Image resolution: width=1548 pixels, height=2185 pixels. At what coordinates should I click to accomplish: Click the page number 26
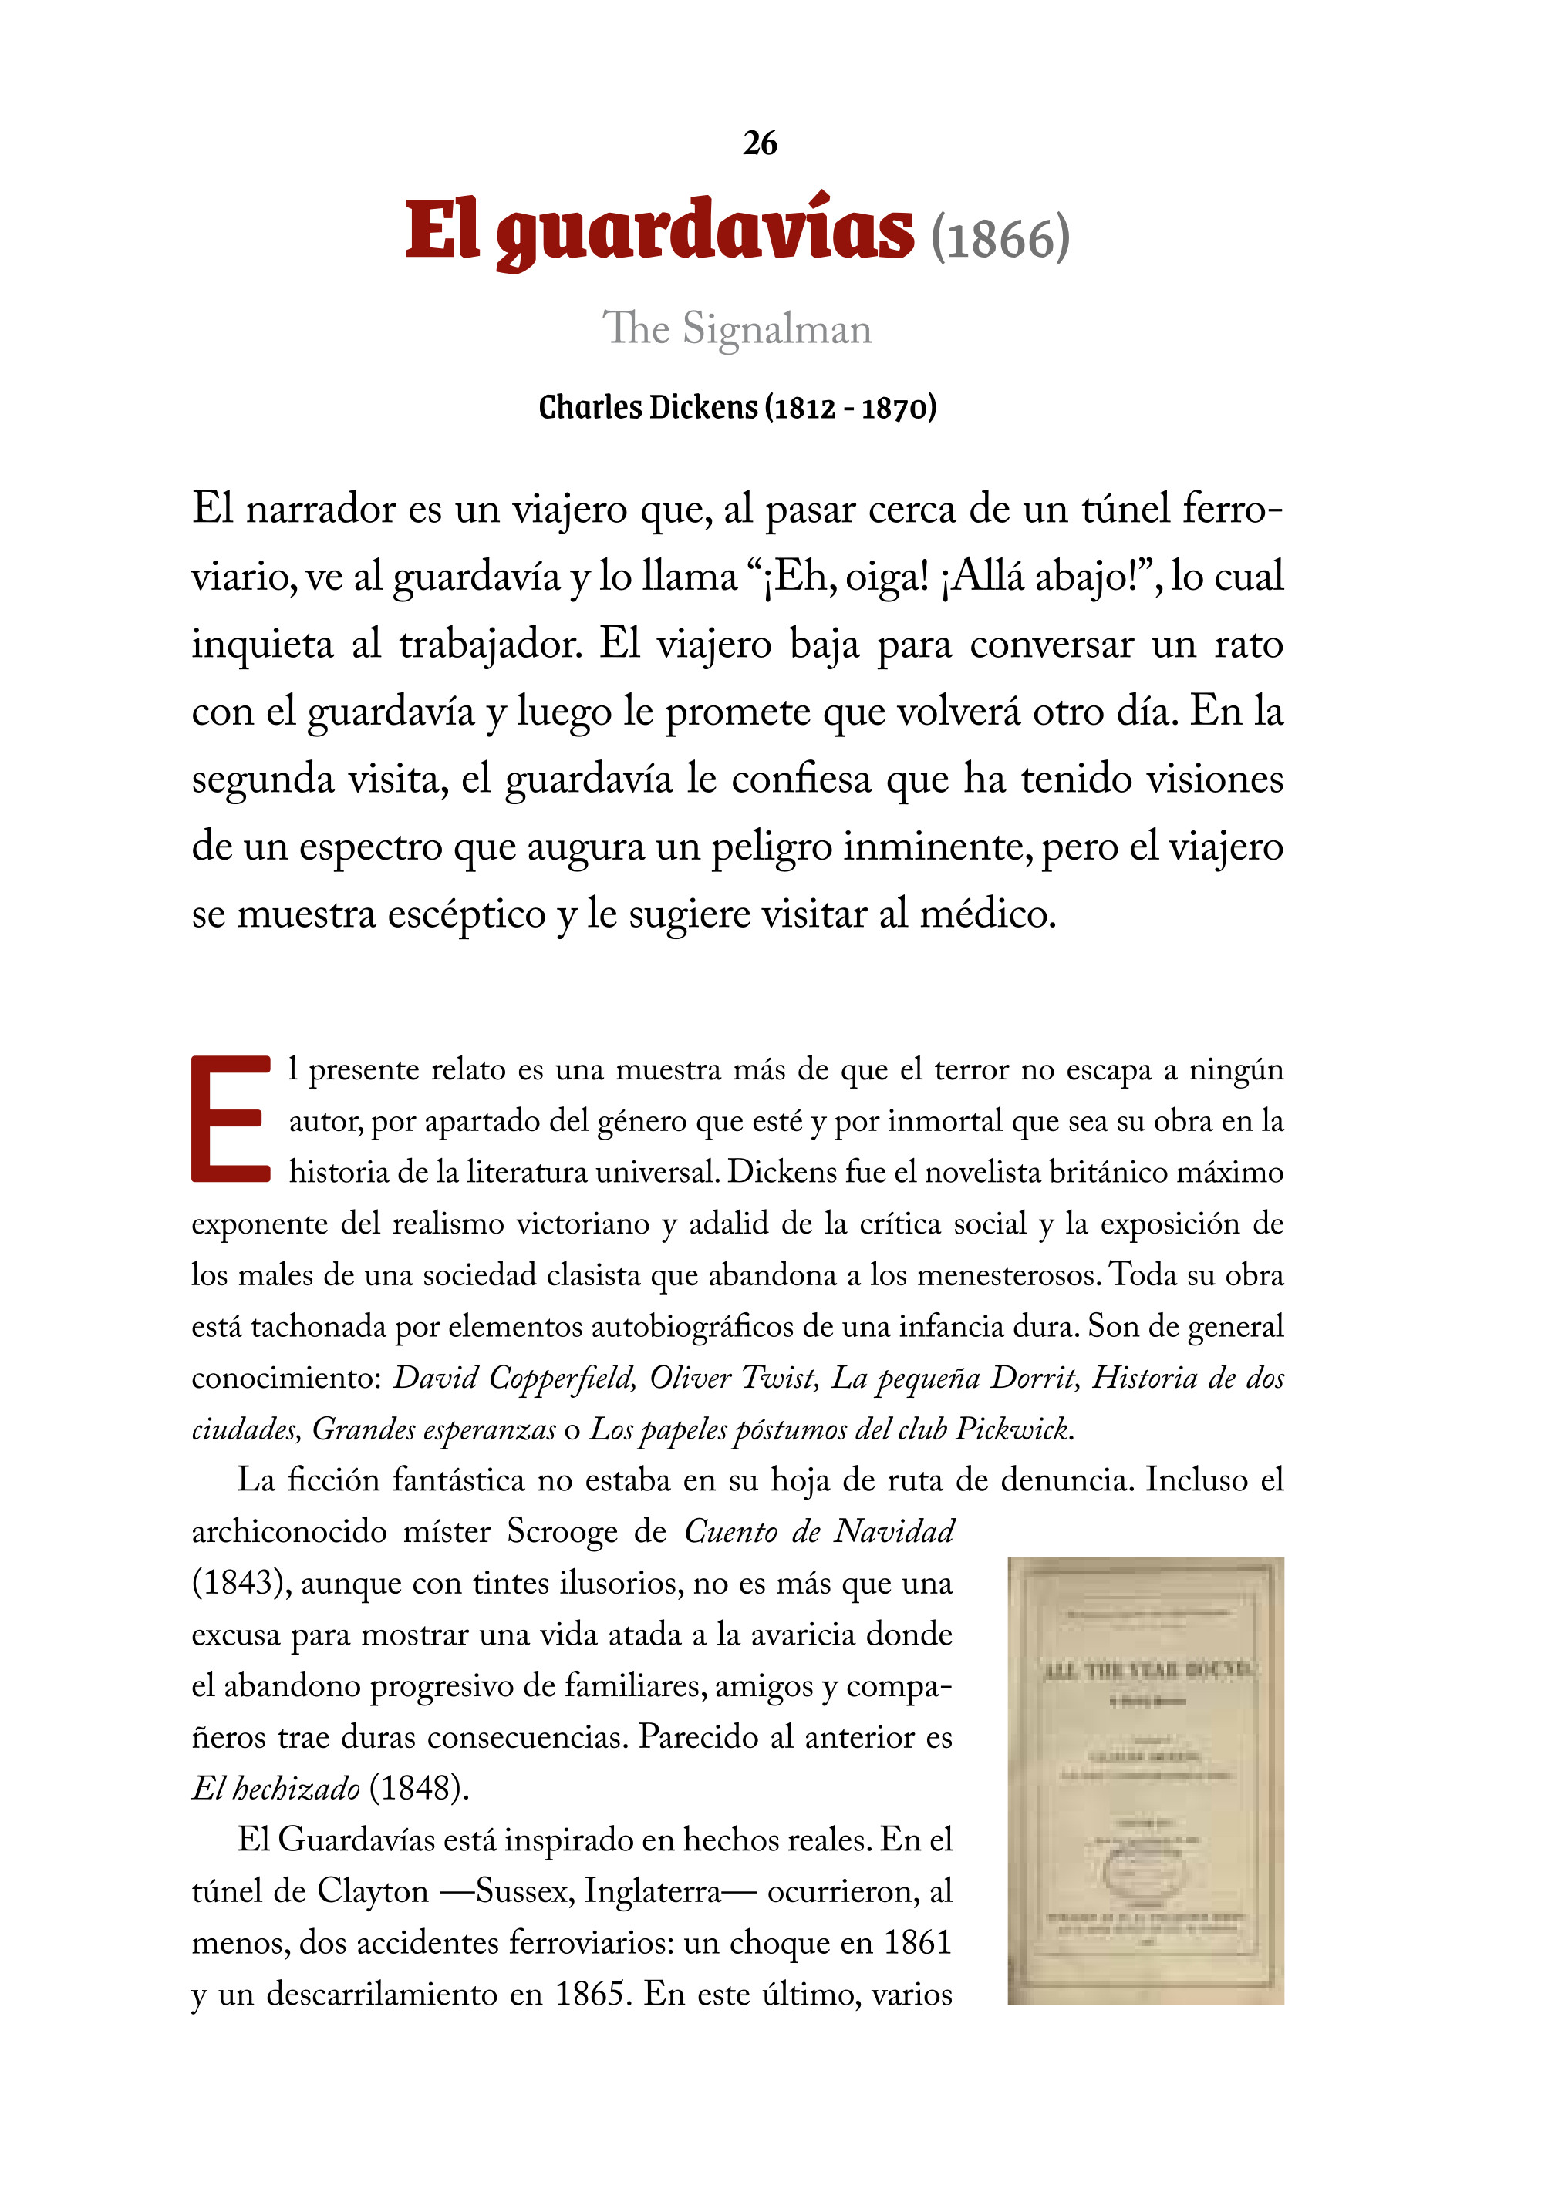(760, 144)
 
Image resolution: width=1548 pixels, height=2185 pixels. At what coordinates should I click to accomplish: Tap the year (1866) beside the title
(1000, 238)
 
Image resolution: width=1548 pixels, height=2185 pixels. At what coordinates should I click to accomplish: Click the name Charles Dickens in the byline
(647, 408)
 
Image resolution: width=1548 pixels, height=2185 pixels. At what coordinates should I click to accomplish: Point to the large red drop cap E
(231, 1119)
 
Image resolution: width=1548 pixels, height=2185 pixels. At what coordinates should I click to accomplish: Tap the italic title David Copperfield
(514, 1379)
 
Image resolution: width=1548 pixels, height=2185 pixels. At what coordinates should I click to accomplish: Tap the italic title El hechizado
(275, 1789)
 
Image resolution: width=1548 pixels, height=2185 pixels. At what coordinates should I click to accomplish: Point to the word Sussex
(523, 1891)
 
